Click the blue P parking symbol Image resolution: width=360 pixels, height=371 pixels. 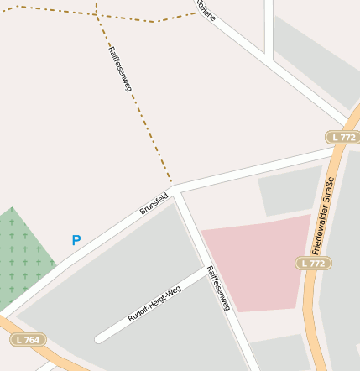coord(76,241)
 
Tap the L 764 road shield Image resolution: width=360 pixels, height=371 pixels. coord(29,340)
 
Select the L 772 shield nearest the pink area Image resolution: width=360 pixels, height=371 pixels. coord(313,264)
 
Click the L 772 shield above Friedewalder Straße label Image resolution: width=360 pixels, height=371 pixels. coord(342,137)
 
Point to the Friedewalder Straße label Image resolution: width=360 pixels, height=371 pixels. coord(323,216)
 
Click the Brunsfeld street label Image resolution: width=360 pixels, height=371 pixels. coord(154,203)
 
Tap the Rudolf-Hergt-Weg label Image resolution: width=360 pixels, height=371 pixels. coord(154,306)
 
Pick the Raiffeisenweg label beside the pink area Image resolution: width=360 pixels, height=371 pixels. coord(218,290)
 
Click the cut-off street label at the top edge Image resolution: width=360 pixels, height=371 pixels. coord(205,8)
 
